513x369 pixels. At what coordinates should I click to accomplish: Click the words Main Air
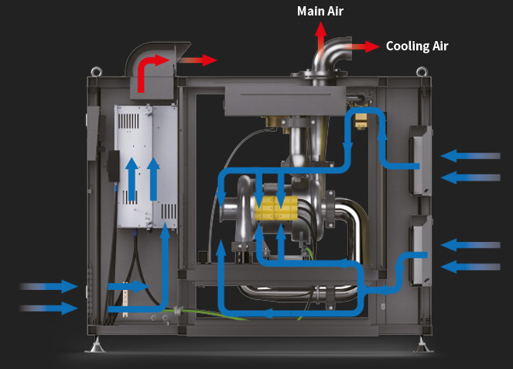click(320, 11)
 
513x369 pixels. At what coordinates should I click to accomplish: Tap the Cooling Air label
click(416, 46)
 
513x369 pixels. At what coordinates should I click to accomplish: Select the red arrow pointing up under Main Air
click(320, 32)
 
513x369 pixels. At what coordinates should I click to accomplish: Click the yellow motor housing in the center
click(277, 207)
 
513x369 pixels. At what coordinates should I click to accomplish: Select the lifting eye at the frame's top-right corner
click(422, 71)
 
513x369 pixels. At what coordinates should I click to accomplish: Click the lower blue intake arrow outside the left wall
click(50, 308)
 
